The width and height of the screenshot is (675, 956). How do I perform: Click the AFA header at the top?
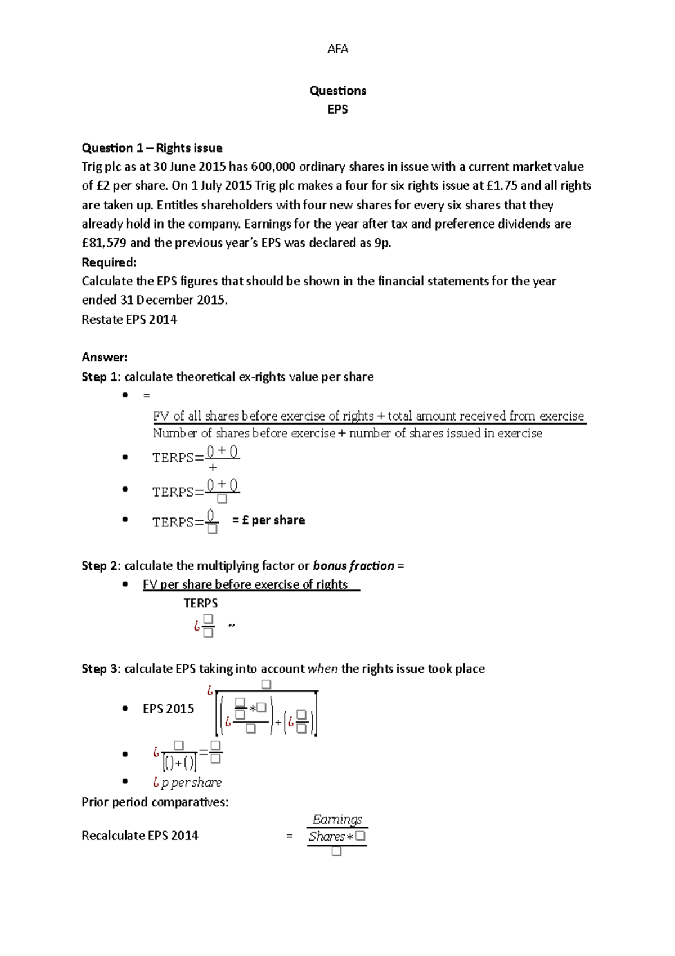(x=337, y=49)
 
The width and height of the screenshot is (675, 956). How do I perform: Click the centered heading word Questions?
(x=337, y=91)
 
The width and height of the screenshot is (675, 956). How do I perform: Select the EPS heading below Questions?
(x=337, y=109)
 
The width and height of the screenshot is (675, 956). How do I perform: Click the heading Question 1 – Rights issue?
(x=152, y=148)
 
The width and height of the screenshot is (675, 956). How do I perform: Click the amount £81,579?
(x=104, y=243)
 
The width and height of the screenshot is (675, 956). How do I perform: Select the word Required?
(x=109, y=262)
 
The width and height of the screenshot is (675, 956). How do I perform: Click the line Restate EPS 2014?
(x=129, y=320)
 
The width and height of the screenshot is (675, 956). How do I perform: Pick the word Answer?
(x=105, y=358)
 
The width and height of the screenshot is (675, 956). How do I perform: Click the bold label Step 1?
(x=101, y=377)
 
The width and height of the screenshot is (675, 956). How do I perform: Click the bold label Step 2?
(x=101, y=566)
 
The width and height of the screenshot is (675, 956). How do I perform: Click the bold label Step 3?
(x=101, y=669)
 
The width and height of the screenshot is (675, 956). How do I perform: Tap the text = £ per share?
(x=268, y=520)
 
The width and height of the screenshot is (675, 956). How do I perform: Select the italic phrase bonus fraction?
(x=353, y=566)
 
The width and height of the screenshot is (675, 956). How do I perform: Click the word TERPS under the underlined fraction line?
(x=201, y=604)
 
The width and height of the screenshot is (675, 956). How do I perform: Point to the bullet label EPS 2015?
(x=168, y=709)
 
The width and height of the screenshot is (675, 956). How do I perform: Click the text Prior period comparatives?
(x=155, y=802)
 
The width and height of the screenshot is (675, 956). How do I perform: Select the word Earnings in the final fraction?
(x=337, y=820)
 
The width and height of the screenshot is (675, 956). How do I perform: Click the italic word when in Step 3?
(x=323, y=669)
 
